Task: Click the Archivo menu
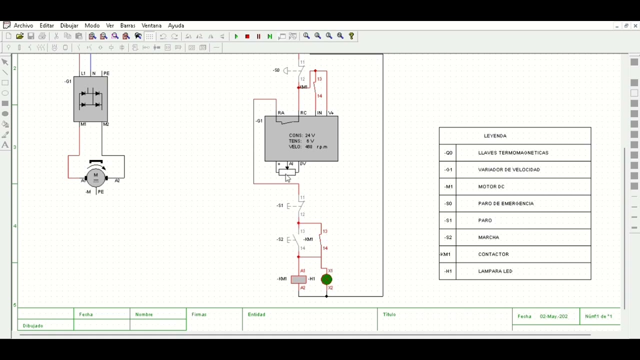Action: click(x=23, y=25)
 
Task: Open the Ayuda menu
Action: click(x=176, y=25)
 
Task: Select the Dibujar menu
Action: click(x=69, y=25)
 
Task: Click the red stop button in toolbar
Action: click(x=247, y=36)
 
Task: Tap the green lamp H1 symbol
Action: click(x=326, y=279)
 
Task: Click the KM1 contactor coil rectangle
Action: click(x=298, y=279)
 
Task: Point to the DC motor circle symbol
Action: click(x=95, y=177)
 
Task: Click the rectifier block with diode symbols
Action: click(x=90, y=99)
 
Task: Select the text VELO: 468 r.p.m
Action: click(x=308, y=147)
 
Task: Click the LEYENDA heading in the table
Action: click(x=495, y=136)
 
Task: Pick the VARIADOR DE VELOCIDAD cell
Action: click(x=509, y=169)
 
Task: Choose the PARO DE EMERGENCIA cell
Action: click(x=505, y=203)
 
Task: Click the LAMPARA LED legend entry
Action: click(x=495, y=271)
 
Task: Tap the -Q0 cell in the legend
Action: click(x=448, y=153)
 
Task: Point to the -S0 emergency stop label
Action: click(x=276, y=70)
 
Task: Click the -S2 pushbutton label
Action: click(x=280, y=239)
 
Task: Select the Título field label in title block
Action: click(x=389, y=314)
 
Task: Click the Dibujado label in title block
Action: click(x=33, y=325)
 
